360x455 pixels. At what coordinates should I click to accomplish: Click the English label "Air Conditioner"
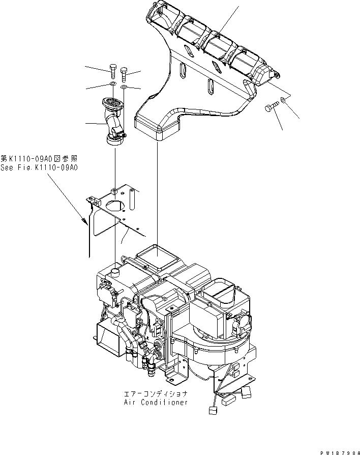[x=156, y=402]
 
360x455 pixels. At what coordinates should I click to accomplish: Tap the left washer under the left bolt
[x=112, y=84]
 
